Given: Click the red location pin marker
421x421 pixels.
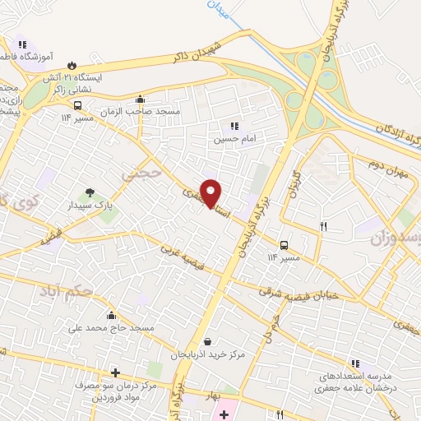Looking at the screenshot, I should pos(211,194).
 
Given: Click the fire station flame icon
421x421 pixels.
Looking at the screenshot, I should pos(73,63).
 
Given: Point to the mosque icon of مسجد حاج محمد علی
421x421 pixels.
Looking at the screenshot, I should pos(111,315).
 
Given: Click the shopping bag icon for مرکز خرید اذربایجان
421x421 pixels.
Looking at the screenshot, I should pos(206,342).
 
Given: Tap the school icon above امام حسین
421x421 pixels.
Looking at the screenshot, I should pos(234,127).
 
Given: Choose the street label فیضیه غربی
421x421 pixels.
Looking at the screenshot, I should pos(180,257).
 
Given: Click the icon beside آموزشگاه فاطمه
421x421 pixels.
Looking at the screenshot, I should pos(22,44).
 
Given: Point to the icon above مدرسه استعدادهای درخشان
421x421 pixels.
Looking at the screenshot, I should pos(355,363).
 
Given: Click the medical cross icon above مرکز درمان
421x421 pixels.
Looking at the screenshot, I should pos(114,372).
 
